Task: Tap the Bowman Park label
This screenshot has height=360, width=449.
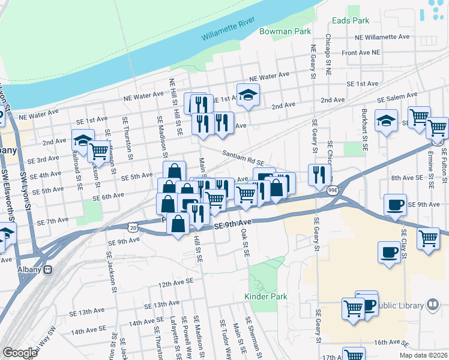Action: pyautogui.click(x=283, y=31)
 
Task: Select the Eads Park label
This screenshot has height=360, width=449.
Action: pyautogui.click(x=351, y=20)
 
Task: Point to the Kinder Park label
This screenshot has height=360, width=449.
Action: pyautogui.click(x=266, y=296)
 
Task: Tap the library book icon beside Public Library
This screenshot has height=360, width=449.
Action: pyautogui.click(x=432, y=305)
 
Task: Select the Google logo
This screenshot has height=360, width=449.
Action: pyautogui.click(x=19, y=353)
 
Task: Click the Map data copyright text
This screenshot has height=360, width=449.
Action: pyautogui.click(x=423, y=356)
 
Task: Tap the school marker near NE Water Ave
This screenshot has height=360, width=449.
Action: pyautogui.click(x=247, y=94)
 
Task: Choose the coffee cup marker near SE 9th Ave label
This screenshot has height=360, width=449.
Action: pyautogui.click(x=395, y=205)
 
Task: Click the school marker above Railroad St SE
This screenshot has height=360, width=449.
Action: pyautogui.click(x=83, y=140)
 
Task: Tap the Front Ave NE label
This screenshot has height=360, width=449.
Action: pyautogui.click(x=361, y=53)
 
